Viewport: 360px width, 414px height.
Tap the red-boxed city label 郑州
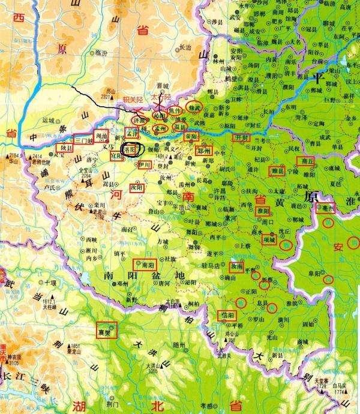pos(205,152)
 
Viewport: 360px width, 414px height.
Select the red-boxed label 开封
pos(241,137)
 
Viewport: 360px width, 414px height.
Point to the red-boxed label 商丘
pos(307,161)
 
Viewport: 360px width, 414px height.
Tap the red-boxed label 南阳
pos(146,264)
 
